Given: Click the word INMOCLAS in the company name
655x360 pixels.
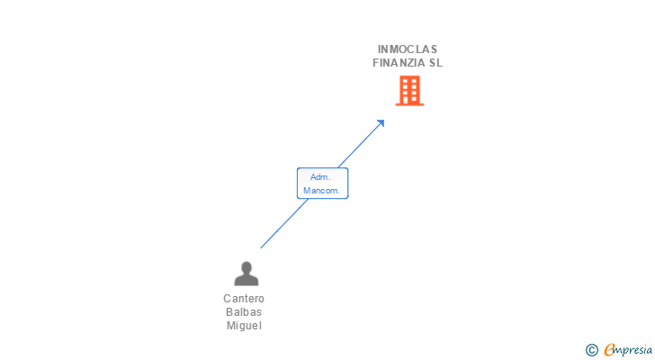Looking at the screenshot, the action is [x=408, y=49].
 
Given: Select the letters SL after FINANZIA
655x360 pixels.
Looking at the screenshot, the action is [x=436, y=63].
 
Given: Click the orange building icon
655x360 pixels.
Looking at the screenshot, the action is [x=409, y=90].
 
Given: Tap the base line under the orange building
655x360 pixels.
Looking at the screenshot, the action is [x=409, y=104].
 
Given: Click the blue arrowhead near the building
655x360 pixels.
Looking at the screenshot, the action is [x=381, y=122].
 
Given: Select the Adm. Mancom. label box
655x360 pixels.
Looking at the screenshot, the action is [x=322, y=184].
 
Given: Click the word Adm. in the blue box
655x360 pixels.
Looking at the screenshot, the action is [x=321, y=177].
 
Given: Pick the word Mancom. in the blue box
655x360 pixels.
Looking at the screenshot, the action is [x=321, y=191].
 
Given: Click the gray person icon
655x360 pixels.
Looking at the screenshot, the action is [x=246, y=274].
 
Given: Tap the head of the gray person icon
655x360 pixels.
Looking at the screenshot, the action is [x=246, y=267].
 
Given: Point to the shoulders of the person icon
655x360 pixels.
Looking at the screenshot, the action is [x=246, y=280].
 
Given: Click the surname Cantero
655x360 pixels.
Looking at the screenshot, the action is [x=244, y=299].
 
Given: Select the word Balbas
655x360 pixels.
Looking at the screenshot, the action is [x=244, y=312].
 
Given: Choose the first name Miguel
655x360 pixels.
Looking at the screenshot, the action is [x=244, y=326].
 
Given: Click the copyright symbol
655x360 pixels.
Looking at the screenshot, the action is [x=591, y=350].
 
